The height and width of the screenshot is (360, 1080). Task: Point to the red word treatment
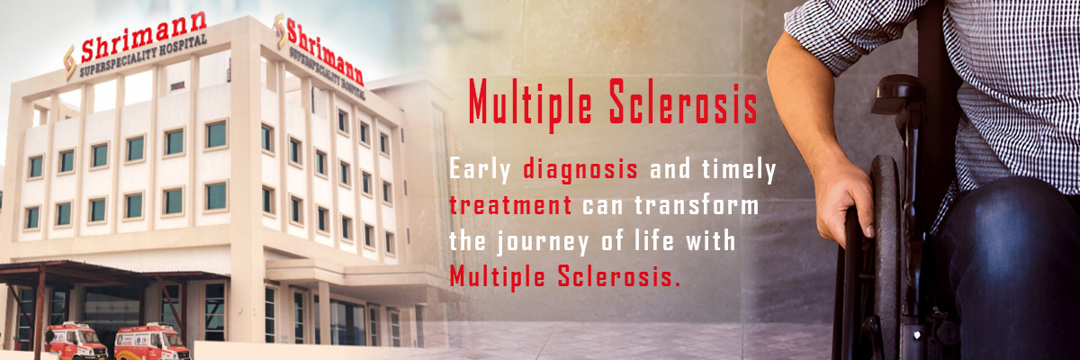pyautogui.click(x=510, y=205)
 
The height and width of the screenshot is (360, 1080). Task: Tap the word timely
pyautogui.click(x=730, y=169)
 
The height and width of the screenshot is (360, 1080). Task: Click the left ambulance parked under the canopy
pyautogui.click(x=76, y=342)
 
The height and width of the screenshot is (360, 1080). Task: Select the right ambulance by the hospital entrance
pyautogui.click(x=151, y=342)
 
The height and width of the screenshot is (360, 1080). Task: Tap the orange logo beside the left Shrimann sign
pyautogui.click(x=69, y=61)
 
